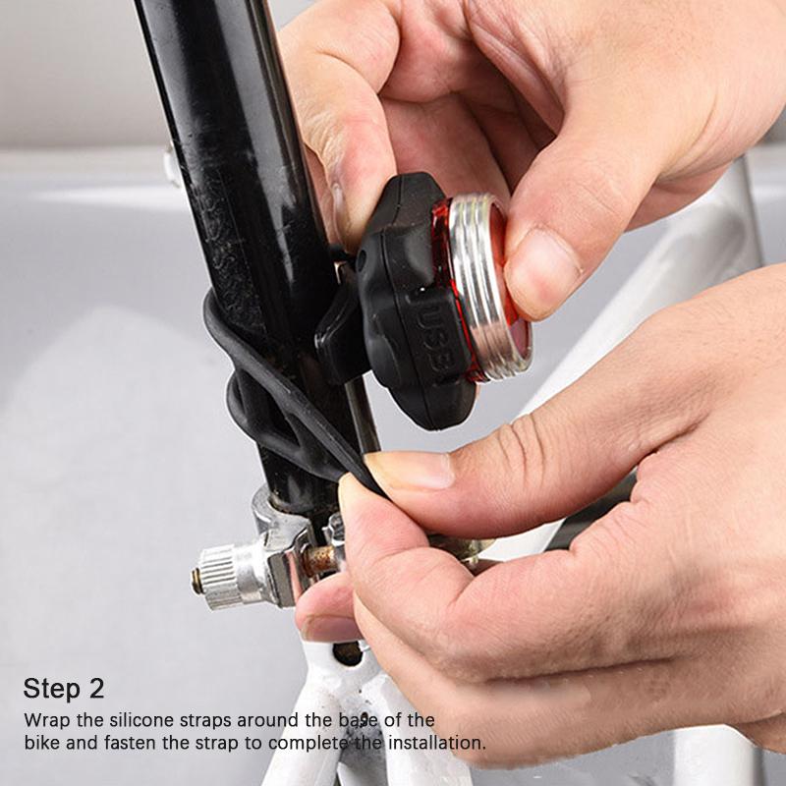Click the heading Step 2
(64, 688)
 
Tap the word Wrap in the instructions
(45, 719)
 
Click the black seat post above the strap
(226, 147)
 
